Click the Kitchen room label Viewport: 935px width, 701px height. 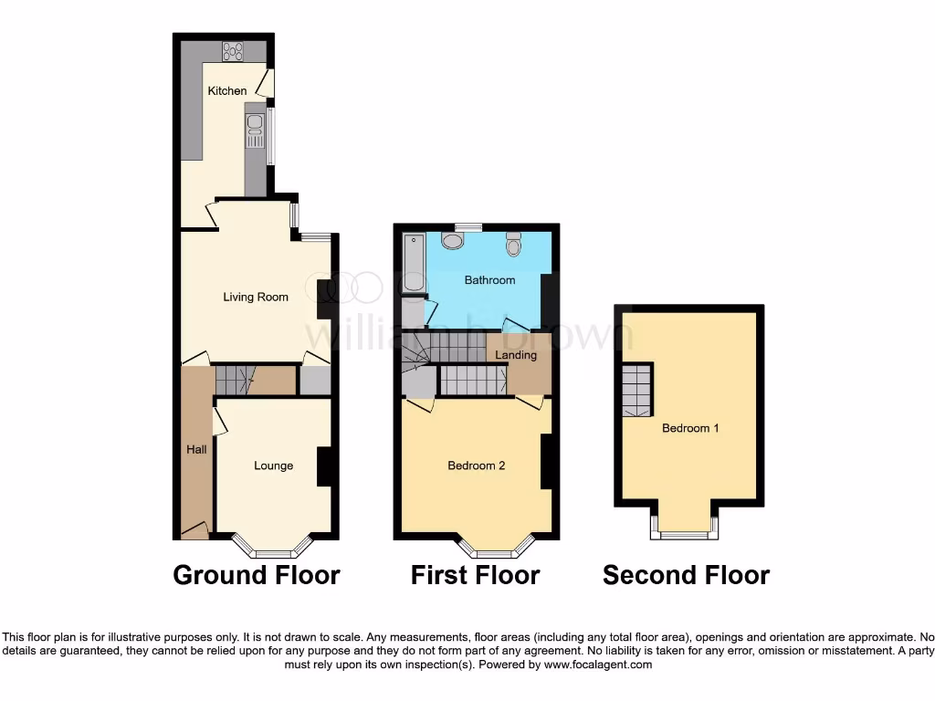tap(227, 90)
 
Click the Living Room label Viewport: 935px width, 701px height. tap(256, 297)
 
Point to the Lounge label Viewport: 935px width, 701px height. tap(273, 466)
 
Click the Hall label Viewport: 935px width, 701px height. tap(196, 449)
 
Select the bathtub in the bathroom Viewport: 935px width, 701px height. tap(414, 263)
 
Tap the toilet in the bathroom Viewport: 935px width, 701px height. tap(514, 244)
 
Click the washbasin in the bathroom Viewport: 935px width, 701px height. tap(452, 240)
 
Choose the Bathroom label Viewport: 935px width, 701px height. tap(489, 280)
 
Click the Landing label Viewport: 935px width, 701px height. tap(516, 355)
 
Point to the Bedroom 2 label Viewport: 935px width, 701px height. tap(476, 466)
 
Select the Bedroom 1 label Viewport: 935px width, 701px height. tap(690, 427)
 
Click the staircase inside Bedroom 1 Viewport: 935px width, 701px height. tap(637, 389)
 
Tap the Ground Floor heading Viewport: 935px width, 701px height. tap(256, 575)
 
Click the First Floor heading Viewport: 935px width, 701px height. tap(475, 575)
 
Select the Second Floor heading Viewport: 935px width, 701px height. tap(686, 575)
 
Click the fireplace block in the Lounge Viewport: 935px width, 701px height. tap(323, 466)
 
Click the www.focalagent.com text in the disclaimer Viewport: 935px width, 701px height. tap(599, 665)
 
